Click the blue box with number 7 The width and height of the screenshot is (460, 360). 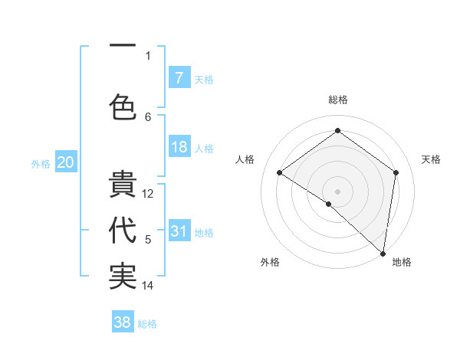179,78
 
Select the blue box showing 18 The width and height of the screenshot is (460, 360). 179,148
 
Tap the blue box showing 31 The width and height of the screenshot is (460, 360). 179,231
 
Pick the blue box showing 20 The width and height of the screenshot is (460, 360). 66,162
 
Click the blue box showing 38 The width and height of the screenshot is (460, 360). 123,322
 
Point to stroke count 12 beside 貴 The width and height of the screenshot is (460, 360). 149,194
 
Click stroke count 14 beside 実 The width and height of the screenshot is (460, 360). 149,286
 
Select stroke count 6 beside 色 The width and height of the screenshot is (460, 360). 149,116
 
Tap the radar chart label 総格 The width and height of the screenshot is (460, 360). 337,100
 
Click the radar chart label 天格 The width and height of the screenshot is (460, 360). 432,159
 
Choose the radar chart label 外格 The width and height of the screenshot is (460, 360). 270,262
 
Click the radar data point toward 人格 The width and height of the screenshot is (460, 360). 280,173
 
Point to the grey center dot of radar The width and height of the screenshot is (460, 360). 337,190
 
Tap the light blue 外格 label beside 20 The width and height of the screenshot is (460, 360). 41,163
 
